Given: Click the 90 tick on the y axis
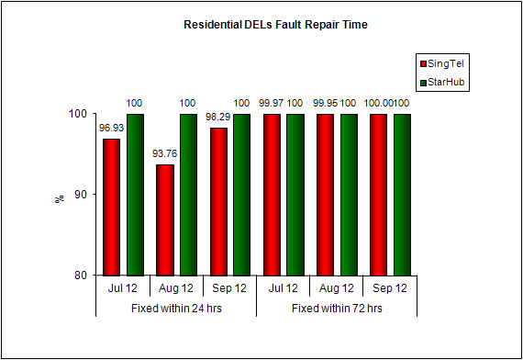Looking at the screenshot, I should [81, 195].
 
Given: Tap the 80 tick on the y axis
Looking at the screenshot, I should [81, 275].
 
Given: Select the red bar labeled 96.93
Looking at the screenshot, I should [111, 207].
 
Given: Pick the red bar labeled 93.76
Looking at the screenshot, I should [164, 219].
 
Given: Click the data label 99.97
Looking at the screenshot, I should [270, 104].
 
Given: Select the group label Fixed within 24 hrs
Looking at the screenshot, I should [175, 308].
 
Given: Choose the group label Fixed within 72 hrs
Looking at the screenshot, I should [337, 308].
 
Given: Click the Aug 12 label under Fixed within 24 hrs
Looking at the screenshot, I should [175, 288].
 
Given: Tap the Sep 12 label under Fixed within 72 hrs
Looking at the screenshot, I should [390, 288].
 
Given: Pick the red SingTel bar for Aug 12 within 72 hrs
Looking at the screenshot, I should [325, 195].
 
